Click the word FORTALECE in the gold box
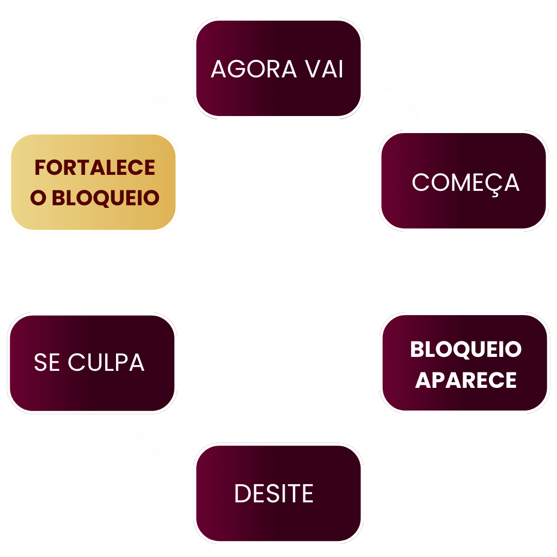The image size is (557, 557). pyautogui.click(x=95, y=168)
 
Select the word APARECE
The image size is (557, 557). pyautogui.click(x=466, y=381)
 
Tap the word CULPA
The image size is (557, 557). pyautogui.click(x=106, y=363)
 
